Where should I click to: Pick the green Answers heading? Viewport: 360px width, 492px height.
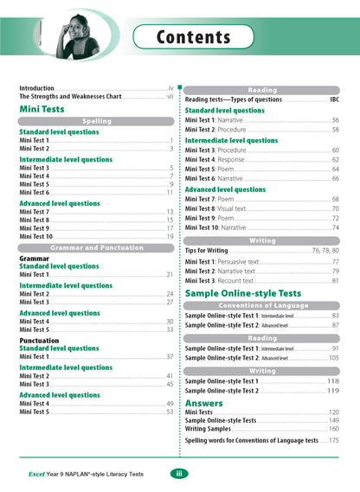[x=204, y=402]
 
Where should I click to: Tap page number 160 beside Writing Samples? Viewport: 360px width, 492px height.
[x=334, y=429]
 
